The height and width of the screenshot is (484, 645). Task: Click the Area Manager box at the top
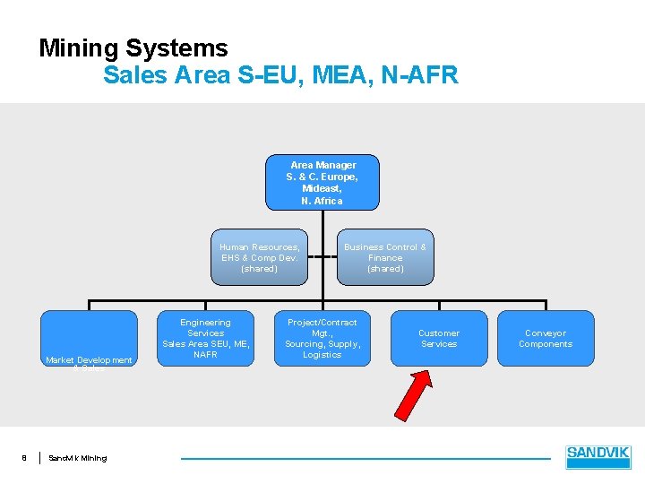[x=322, y=183]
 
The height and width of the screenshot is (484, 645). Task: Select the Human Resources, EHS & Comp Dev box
[x=260, y=257]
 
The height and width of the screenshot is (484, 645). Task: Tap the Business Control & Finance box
[x=385, y=257]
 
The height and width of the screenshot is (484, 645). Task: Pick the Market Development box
[x=89, y=338]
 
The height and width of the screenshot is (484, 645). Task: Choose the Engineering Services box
[x=205, y=338]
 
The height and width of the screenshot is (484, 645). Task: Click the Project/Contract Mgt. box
[x=322, y=338]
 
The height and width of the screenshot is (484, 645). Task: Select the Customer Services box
[x=438, y=338]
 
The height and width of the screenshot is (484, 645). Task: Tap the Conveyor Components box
[x=546, y=338]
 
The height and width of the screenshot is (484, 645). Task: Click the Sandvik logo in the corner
[x=598, y=457]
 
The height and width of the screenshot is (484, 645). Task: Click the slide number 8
[x=24, y=458]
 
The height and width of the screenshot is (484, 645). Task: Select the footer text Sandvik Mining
[x=77, y=458]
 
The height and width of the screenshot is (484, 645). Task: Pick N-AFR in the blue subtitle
[x=419, y=74]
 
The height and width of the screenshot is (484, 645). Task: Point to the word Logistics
[x=322, y=355]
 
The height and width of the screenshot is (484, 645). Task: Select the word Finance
[x=385, y=258]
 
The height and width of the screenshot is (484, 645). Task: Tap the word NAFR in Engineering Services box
[x=205, y=355]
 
